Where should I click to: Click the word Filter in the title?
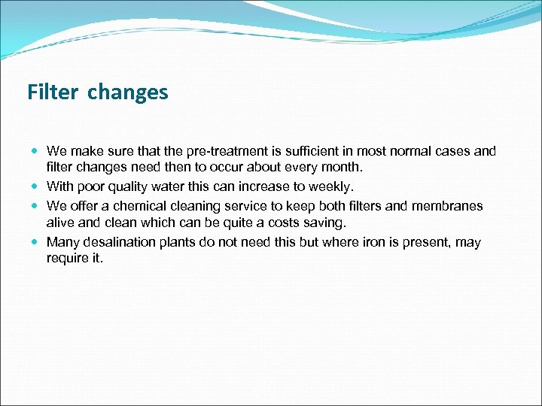pyautogui.click(x=53, y=92)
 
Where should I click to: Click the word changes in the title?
pyautogui.click(x=127, y=93)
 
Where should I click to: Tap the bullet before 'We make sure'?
pyautogui.click(x=36, y=151)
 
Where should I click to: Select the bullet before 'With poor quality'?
pyautogui.click(x=36, y=186)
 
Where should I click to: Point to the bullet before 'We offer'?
pyautogui.click(x=36, y=205)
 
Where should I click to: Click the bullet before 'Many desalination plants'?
pyautogui.click(x=36, y=242)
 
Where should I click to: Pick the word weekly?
pyautogui.click(x=329, y=187)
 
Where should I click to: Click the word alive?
pyautogui.click(x=59, y=223)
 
